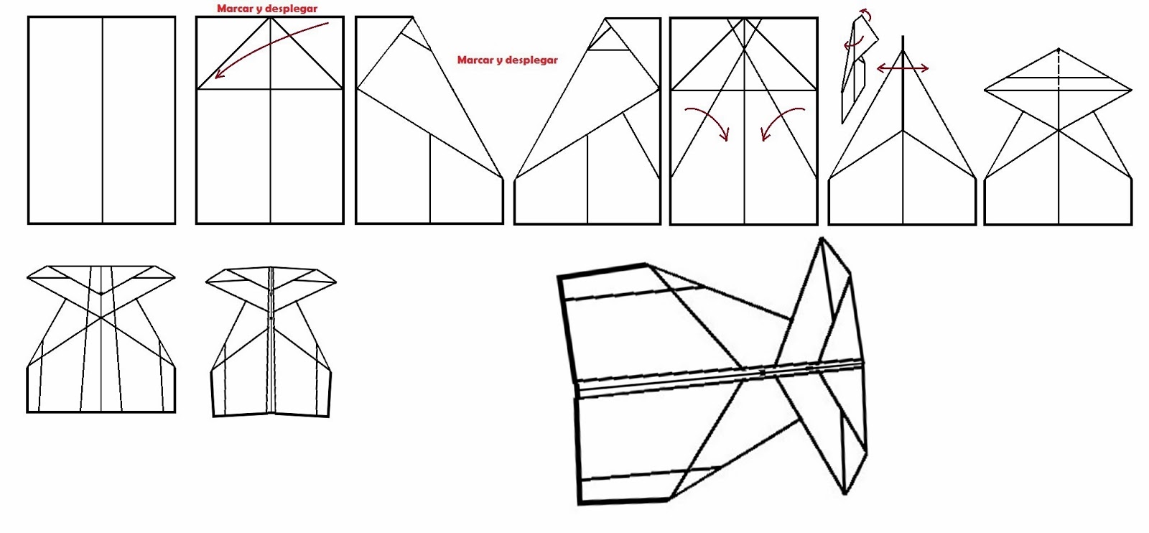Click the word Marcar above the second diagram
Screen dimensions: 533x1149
point(235,9)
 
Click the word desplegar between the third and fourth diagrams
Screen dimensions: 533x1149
point(532,60)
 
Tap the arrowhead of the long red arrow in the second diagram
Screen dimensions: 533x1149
point(218,75)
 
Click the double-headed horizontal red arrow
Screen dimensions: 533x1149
point(903,68)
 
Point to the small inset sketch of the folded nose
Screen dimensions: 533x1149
point(856,72)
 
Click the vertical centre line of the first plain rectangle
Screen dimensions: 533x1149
point(103,121)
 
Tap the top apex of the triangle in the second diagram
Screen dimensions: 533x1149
point(270,18)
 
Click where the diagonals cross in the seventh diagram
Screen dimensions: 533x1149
point(1059,130)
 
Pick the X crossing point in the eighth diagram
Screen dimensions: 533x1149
point(101,317)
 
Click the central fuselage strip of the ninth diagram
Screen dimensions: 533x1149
point(271,341)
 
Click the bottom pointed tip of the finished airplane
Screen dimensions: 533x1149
point(845,493)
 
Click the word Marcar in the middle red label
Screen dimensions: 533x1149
point(475,60)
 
